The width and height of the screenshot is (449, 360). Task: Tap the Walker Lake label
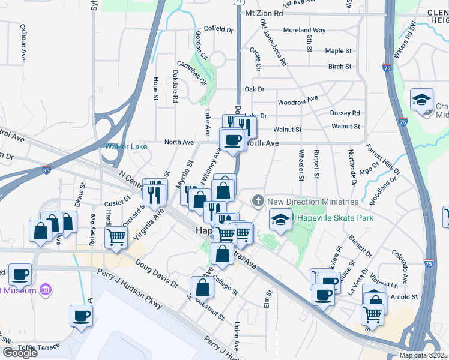tap(126, 146)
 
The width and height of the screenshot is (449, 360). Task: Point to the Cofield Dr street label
tap(218, 29)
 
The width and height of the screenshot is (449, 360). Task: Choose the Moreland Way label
tap(304, 30)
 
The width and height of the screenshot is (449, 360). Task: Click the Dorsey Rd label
tap(345, 113)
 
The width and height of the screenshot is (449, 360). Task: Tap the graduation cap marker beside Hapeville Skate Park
tap(280, 220)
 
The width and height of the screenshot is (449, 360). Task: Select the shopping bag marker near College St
tap(203, 287)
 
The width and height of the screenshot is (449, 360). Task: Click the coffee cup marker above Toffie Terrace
tap(81, 316)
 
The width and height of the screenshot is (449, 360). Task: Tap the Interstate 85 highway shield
tap(47, 170)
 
